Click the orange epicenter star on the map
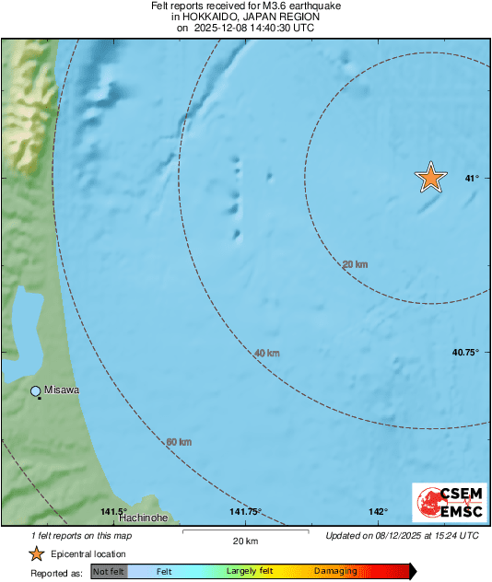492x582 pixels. click(x=430, y=177)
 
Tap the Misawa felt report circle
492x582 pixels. click(x=36, y=391)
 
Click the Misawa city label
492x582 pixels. click(x=62, y=390)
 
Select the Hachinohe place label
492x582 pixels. click(x=143, y=518)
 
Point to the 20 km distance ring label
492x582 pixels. click(x=355, y=264)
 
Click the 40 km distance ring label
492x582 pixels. click(x=266, y=353)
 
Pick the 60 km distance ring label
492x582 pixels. click(x=179, y=442)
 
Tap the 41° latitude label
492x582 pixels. click(x=472, y=178)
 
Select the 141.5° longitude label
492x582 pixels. click(x=113, y=512)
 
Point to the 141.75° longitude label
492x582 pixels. click(x=246, y=512)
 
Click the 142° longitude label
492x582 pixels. click(x=378, y=512)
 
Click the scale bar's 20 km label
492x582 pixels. click(x=244, y=540)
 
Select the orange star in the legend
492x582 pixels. click(x=36, y=553)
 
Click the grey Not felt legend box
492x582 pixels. click(x=109, y=572)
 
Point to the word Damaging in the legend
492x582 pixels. click(x=335, y=572)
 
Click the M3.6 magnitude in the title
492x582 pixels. click(x=261, y=6)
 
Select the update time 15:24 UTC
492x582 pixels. click(x=454, y=535)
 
